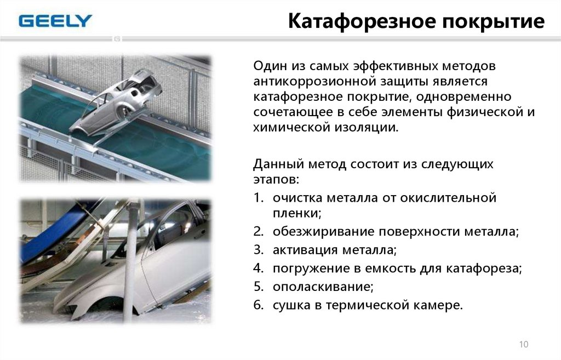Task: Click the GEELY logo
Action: (x=55, y=21)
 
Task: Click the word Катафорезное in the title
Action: (x=362, y=21)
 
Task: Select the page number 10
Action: (x=523, y=344)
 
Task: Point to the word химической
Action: (x=291, y=127)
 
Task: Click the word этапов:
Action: (x=276, y=179)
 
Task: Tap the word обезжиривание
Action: (x=323, y=232)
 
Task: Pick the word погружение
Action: (x=311, y=268)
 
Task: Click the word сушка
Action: (x=291, y=305)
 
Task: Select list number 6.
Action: (x=259, y=305)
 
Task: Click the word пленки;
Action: (x=297, y=213)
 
